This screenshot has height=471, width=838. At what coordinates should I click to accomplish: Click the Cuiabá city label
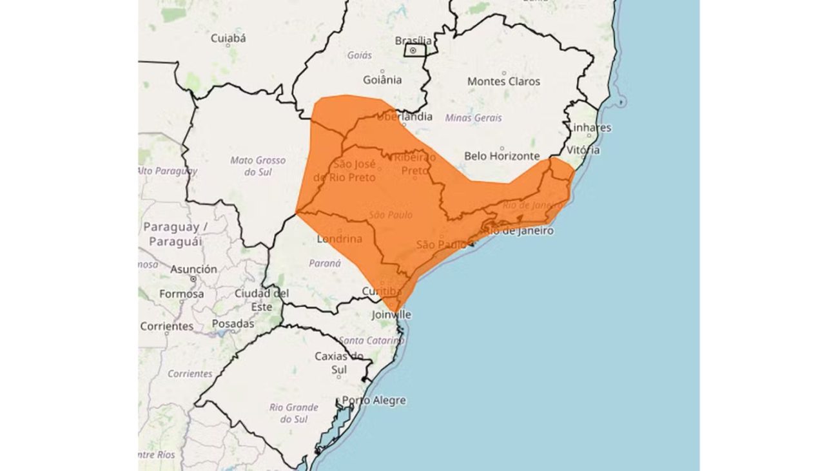(228, 39)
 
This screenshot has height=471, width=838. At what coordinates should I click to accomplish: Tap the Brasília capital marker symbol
(413, 50)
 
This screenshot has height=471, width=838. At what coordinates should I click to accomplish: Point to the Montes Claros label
(503, 82)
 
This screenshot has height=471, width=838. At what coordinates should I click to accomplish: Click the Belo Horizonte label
(502, 156)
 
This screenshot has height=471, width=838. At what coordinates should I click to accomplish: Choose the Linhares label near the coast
(589, 128)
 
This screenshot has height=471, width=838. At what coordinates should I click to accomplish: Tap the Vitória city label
(583, 150)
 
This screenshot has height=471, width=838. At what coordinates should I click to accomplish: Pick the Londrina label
(340, 239)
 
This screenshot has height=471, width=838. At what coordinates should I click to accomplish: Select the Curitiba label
(382, 291)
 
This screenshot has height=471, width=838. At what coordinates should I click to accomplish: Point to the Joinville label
(391, 315)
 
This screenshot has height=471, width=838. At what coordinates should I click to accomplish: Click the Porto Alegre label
(374, 400)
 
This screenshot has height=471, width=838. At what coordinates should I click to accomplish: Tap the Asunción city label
(193, 269)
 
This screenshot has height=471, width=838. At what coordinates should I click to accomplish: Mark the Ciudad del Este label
(261, 300)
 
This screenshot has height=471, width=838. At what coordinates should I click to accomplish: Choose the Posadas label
(233, 323)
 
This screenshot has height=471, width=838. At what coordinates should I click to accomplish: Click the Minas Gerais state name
(473, 118)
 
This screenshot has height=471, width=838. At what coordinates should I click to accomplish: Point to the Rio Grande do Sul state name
(294, 413)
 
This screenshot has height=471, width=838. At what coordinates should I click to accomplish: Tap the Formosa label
(181, 294)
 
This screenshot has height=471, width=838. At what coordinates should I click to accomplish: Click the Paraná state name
(325, 264)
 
